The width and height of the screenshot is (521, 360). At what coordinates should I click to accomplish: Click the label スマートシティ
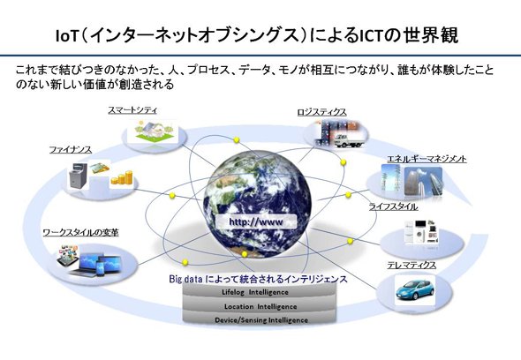[x=132, y=110]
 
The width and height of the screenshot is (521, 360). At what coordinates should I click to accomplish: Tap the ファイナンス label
[x=71, y=150]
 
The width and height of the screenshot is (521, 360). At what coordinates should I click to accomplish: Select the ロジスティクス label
[x=321, y=112]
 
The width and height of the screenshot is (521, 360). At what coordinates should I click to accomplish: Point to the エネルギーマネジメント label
[x=427, y=159]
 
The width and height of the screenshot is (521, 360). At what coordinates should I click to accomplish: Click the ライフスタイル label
[x=394, y=206]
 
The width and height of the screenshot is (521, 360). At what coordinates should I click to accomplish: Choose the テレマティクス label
[x=412, y=265]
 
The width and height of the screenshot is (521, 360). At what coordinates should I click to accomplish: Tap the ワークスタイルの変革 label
[x=80, y=232]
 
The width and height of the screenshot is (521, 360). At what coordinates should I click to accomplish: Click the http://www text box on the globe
[x=256, y=221]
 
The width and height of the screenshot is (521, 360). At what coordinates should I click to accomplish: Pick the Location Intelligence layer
[x=260, y=306]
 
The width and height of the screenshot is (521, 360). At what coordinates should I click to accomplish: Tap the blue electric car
[x=415, y=289]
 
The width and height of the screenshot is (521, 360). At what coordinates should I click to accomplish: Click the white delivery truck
[x=348, y=140]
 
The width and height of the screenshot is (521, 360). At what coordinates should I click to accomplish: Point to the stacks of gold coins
[x=122, y=177]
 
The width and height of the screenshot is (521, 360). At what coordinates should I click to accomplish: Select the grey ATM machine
[x=78, y=175]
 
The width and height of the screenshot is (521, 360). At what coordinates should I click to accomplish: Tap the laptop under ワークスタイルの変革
[x=85, y=265]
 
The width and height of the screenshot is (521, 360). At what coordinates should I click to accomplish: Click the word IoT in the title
[x=66, y=36]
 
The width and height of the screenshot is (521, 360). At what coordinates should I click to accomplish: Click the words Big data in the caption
[x=185, y=279]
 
